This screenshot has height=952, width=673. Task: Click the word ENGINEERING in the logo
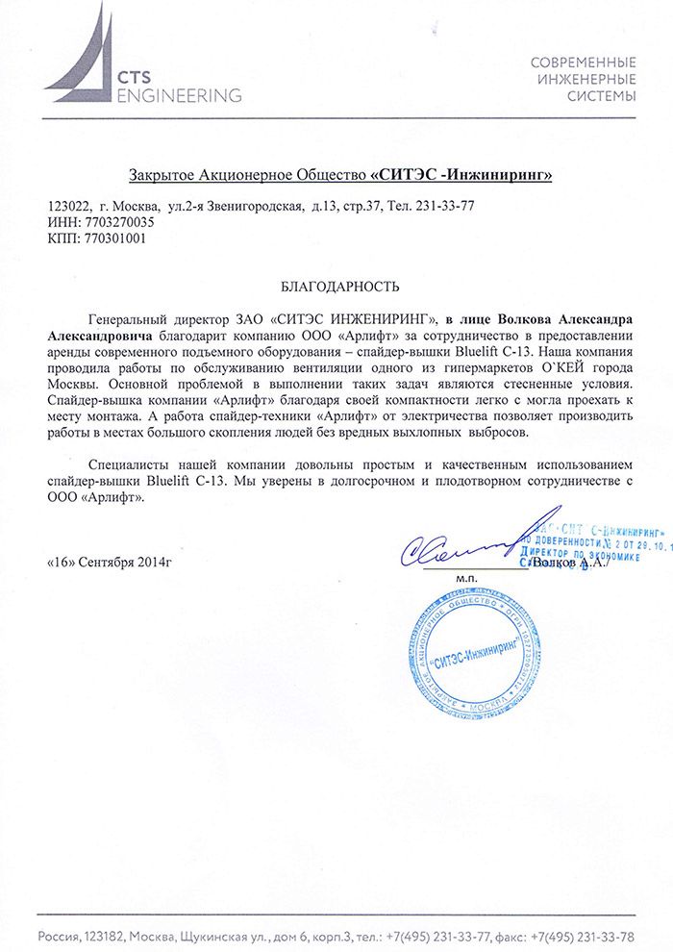point(179,95)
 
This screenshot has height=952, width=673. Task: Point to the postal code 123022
point(68,206)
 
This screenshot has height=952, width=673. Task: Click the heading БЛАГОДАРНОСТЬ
point(336,287)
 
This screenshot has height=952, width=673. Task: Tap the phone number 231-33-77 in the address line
point(444,206)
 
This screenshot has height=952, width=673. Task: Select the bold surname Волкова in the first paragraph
point(505,318)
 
